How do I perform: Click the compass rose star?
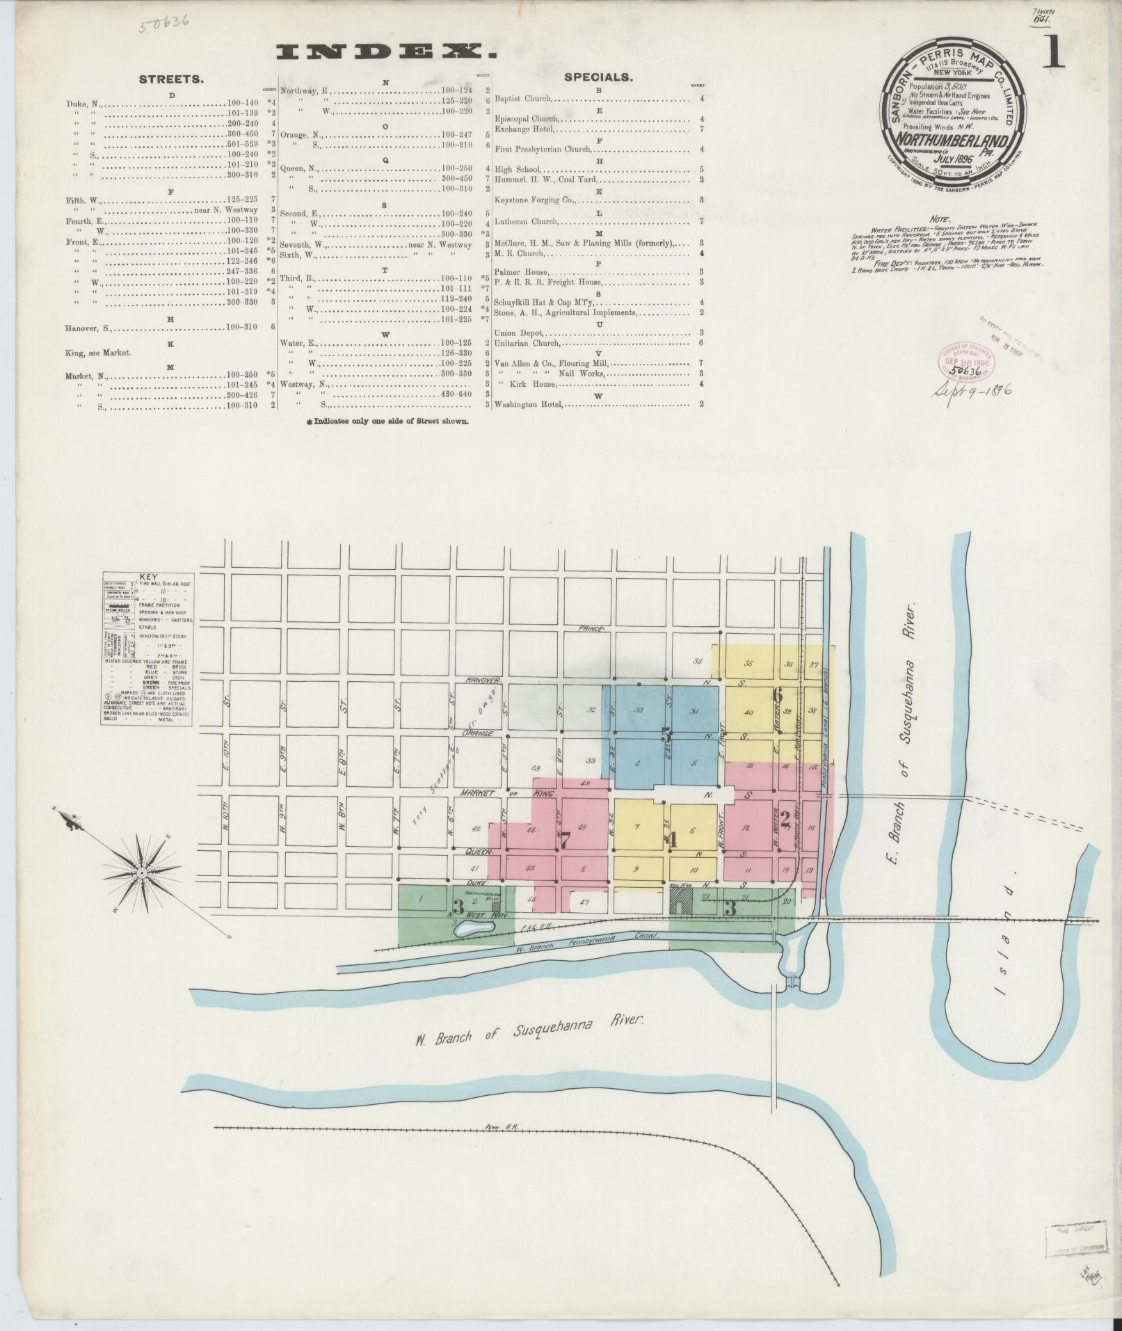(x=142, y=871)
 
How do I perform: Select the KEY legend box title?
(x=148, y=577)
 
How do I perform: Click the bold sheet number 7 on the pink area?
(x=566, y=840)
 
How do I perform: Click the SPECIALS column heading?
(x=598, y=77)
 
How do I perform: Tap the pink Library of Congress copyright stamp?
(x=967, y=362)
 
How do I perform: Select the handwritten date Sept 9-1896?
(x=972, y=390)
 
